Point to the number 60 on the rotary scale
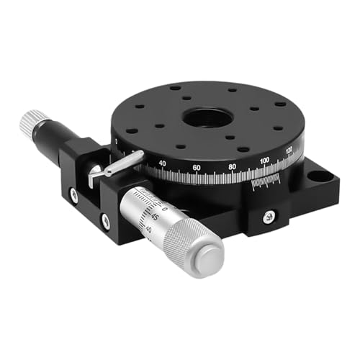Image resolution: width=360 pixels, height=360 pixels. click(196, 168)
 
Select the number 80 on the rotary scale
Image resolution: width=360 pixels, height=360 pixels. click(231, 166)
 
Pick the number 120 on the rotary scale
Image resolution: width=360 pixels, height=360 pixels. click(289, 150)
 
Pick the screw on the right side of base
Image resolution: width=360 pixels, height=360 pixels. click(268, 215)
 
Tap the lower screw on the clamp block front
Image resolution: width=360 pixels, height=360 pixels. click(105, 221)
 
